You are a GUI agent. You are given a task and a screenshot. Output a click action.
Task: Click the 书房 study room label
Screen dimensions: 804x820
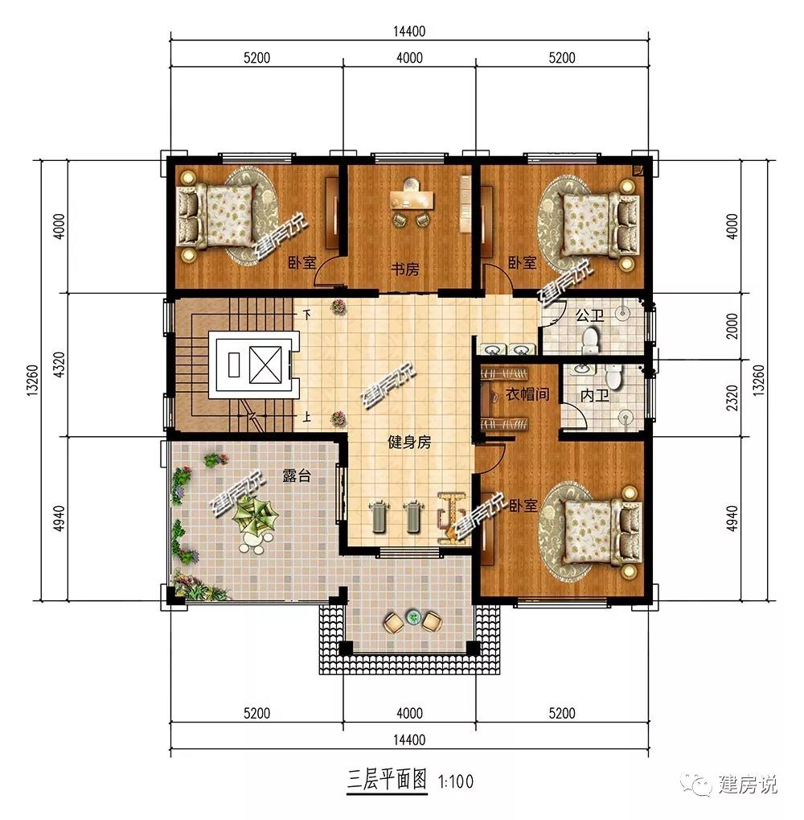(x=405, y=270)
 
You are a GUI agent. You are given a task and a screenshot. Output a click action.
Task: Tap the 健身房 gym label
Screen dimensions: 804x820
(x=409, y=443)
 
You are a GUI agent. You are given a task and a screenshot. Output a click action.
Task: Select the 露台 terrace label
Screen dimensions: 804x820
(x=297, y=476)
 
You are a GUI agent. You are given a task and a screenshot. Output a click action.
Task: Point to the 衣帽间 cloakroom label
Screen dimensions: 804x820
(x=527, y=394)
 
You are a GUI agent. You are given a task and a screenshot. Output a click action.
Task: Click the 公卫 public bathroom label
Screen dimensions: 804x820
(x=590, y=315)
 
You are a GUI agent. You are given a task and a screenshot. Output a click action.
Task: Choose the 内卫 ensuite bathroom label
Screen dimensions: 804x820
(x=594, y=396)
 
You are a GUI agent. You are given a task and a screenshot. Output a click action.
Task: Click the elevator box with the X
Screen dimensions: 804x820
(x=265, y=365)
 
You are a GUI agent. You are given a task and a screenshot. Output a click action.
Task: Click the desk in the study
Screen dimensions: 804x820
(x=412, y=200)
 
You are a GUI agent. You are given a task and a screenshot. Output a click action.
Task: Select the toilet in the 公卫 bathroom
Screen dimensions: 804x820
(x=590, y=340)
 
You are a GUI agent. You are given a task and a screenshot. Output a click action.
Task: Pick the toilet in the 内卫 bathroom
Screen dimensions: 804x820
(x=613, y=376)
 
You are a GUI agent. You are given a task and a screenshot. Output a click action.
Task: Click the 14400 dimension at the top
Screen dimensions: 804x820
(x=409, y=31)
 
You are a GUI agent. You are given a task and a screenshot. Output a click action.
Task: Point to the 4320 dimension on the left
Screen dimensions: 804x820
(x=59, y=365)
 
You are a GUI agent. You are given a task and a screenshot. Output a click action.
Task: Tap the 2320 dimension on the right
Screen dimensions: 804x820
(x=733, y=398)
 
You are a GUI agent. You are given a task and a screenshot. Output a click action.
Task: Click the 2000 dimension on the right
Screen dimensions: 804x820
(x=733, y=326)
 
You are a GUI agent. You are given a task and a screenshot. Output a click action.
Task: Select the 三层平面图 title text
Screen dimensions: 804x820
(x=387, y=781)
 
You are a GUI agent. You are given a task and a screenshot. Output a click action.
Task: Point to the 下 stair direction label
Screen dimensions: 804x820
(x=308, y=315)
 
